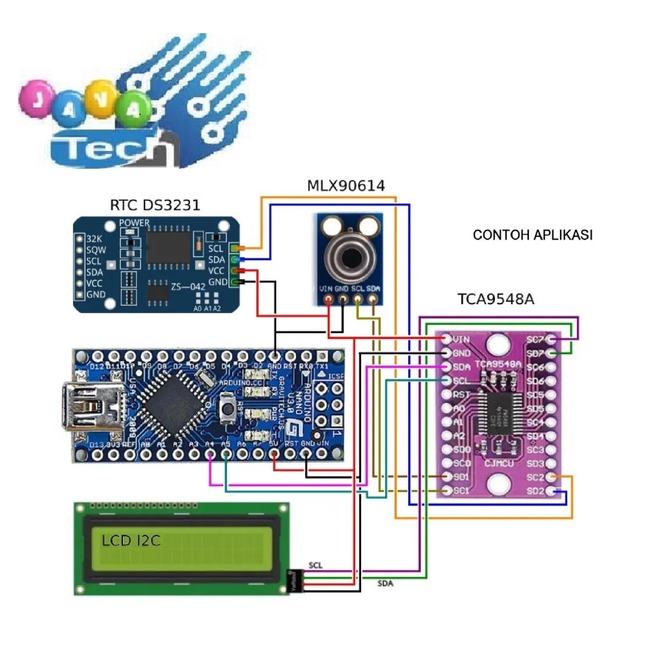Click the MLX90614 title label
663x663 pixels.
(345, 186)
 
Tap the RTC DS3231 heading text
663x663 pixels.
(155, 206)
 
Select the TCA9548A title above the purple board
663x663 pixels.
(495, 299)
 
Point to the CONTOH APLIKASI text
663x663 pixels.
(533, 236)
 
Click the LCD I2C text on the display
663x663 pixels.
(132, 541)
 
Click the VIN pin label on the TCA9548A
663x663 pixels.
(462, 340)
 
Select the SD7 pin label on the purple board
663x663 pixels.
(536, 354)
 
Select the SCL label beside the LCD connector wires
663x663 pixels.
(315, 565)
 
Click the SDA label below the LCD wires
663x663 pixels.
(385, 583)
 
